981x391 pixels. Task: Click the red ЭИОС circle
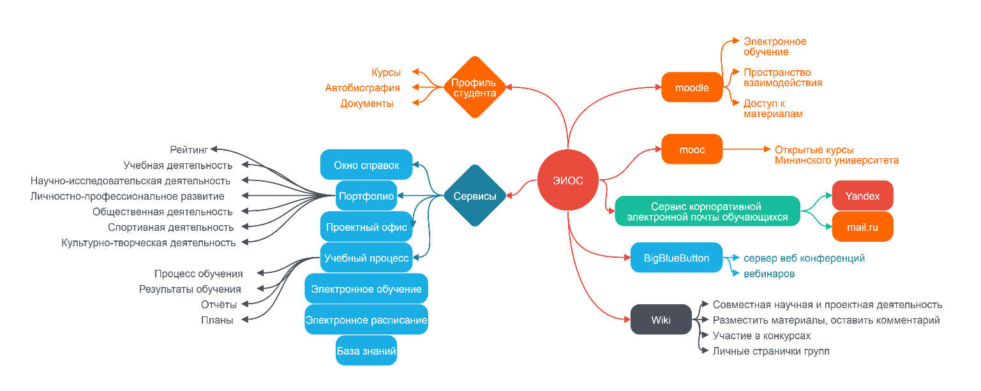point(567,181)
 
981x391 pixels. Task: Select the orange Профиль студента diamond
point(474,87)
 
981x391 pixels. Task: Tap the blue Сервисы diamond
point(474,196)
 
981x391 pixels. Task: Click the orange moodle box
point(692,87)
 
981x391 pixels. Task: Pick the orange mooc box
point(692,150)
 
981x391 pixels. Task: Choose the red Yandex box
point(862,196)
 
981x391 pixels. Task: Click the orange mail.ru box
point(862,227)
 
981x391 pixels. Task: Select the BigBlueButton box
point(677,258)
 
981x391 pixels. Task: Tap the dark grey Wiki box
point(661,320)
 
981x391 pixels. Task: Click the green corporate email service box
point(707,212)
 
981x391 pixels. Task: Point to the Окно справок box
point(366,165)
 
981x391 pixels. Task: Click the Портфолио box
point(366,196)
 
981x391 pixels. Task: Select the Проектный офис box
point(366,227)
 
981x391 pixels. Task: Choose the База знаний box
point(366,351)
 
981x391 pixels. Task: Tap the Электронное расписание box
point(366,320)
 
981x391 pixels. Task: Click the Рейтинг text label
point(189,150)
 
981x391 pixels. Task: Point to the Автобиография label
point(362,88)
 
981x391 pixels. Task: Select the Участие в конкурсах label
point(761,336)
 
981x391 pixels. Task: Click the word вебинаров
point(769,274)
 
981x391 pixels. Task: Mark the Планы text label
point(217,320)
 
